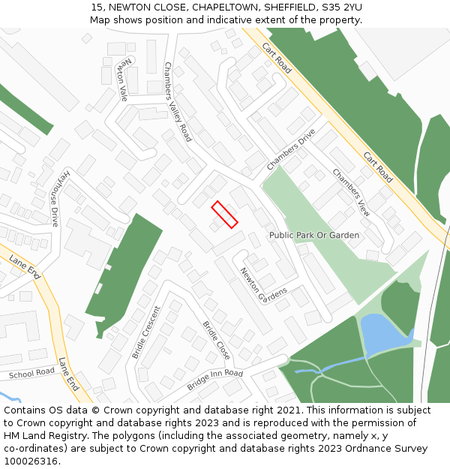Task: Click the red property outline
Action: tap(224, 214)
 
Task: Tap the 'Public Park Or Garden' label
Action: tap(313, 235)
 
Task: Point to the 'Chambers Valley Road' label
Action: tap(178, 102)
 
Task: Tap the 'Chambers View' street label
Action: tap(351, 193)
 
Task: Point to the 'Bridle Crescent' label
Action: tap(146, 331)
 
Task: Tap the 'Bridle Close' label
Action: tap(217, 340)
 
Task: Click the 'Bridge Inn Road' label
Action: tap(215, 379)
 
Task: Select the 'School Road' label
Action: tap(31, 372)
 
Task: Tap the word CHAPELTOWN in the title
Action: tap(224, 7)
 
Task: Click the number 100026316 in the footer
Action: tap(32, 461)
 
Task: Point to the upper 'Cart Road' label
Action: tap(276, 58)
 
